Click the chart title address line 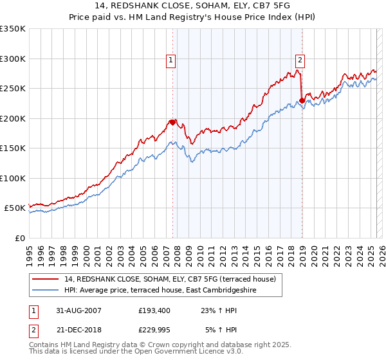tap(192, 6)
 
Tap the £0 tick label tap(18, 238)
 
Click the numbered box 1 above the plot tap(171, 60)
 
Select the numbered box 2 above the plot tap(300, 60)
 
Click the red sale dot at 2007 tap(172, 122)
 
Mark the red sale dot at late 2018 tap(302, 100)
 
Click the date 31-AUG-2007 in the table tap(78, 310)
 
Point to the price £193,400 tap(154, 310)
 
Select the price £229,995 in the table tap(154, 330)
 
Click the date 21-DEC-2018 tap(78, 330)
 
